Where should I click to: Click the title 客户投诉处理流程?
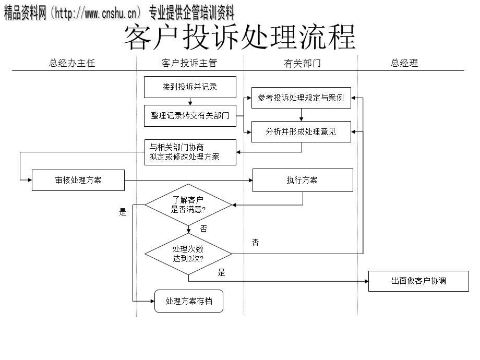239,38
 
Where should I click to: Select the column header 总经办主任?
72,63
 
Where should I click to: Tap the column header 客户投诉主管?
189,63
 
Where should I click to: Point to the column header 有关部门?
302,63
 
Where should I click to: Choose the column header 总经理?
404,63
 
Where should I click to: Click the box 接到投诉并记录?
190,87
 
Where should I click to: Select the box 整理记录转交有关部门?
190,116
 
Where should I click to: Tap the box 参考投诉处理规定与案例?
301,98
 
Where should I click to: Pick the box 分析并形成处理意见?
301,131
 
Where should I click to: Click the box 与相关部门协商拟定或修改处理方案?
190,152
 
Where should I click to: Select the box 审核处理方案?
78,180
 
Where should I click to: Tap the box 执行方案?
302,180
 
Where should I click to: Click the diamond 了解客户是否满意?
188,205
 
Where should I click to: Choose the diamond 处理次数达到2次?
188,254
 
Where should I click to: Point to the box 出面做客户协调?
418,281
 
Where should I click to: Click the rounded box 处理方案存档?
188,301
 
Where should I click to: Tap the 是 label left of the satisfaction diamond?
123,212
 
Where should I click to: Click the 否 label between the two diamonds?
203,229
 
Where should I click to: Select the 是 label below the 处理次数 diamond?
222,272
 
